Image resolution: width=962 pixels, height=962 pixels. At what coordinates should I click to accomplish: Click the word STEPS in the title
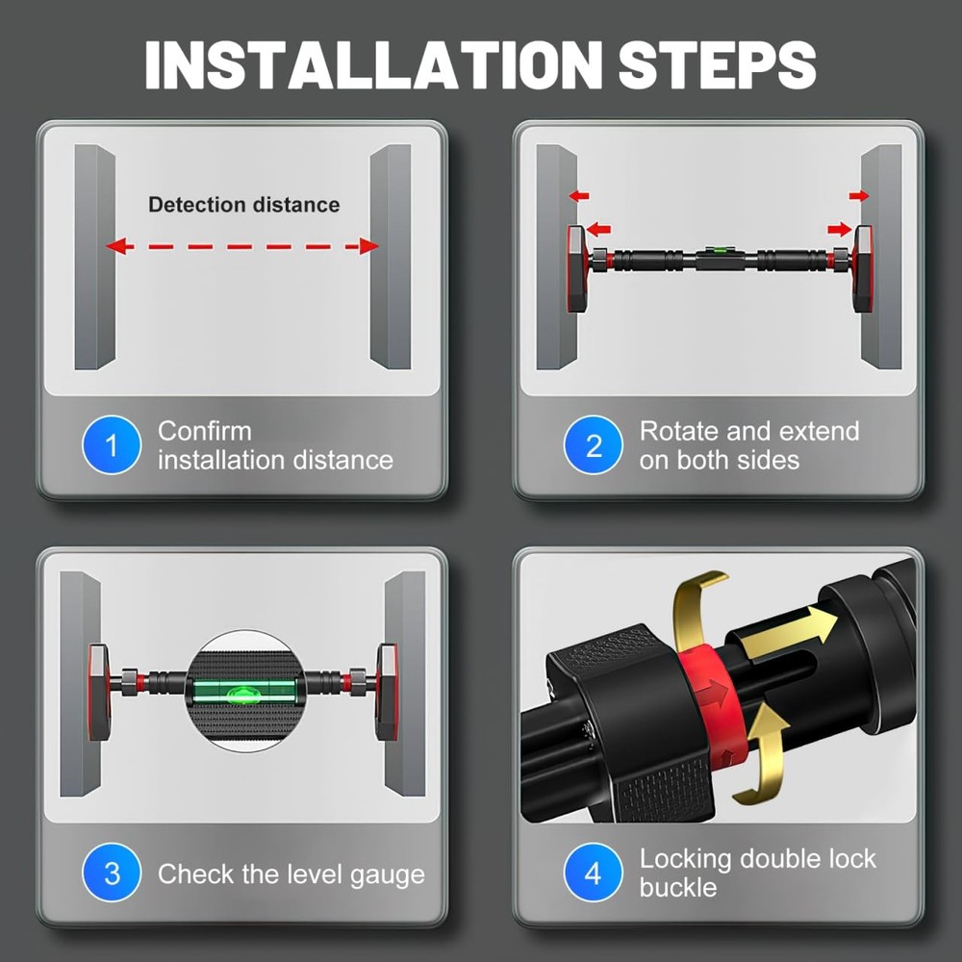pos(717,64)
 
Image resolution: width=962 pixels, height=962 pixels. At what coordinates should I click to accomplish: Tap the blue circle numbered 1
pos(112,444)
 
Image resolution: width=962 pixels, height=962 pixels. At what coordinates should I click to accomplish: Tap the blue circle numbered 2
pos(593,444)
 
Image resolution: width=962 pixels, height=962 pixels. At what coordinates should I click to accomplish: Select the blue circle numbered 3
pos(112,873)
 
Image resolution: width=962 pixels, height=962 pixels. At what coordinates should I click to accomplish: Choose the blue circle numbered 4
pos(593,873)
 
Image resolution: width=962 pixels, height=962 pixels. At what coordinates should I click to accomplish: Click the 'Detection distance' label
pos(243,205)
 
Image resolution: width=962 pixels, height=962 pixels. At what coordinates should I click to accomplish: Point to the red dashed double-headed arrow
pos(241,246)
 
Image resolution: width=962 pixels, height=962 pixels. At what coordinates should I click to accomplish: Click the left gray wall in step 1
pos(94,257)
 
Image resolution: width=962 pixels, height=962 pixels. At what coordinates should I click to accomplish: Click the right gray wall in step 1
pos(391,257)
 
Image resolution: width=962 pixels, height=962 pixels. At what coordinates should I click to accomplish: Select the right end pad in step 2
pos(863,268)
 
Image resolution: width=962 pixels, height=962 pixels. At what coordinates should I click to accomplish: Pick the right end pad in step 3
pos(386,692)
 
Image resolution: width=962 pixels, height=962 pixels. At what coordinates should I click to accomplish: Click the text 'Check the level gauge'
pos(291,874)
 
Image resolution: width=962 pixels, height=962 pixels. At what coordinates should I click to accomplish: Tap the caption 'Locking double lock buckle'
pos(757,873)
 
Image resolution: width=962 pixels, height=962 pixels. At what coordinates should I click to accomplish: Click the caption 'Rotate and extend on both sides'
pos(748,445)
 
